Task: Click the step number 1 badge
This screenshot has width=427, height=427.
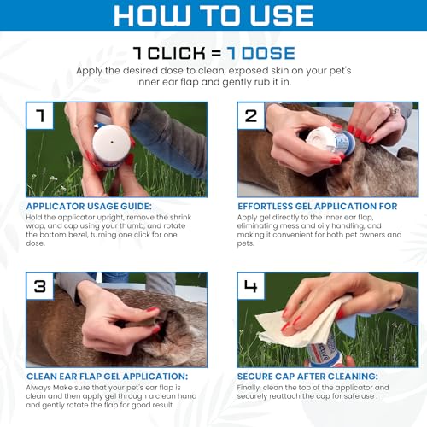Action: coord(40,115)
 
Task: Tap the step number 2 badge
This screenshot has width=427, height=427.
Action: coord(251,115)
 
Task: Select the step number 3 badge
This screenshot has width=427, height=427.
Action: coord(40,286)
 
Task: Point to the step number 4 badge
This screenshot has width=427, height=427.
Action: coord(251,286)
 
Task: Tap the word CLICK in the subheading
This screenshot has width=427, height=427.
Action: coord(177,53)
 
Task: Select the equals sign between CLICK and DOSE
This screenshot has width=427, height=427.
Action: coord(216,54)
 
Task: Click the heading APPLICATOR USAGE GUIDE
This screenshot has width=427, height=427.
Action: coord(89,206)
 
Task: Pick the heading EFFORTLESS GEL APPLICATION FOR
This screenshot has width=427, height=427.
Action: coord(318,206)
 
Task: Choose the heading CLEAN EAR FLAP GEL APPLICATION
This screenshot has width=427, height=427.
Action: coord(107,377)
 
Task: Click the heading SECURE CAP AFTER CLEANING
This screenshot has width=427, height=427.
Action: coord(307,377)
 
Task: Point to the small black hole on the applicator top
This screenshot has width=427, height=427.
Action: coord(112,142)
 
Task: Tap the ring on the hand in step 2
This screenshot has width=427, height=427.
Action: coord(394,110)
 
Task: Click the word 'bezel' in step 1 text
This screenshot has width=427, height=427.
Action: coord(79,235)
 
